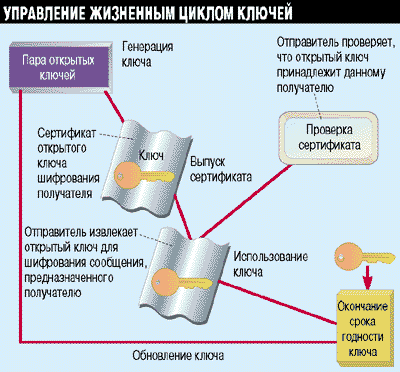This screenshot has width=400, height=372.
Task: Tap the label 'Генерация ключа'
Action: [x=149, y=56]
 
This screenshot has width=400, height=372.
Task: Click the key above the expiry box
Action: [x=349, y=249]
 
